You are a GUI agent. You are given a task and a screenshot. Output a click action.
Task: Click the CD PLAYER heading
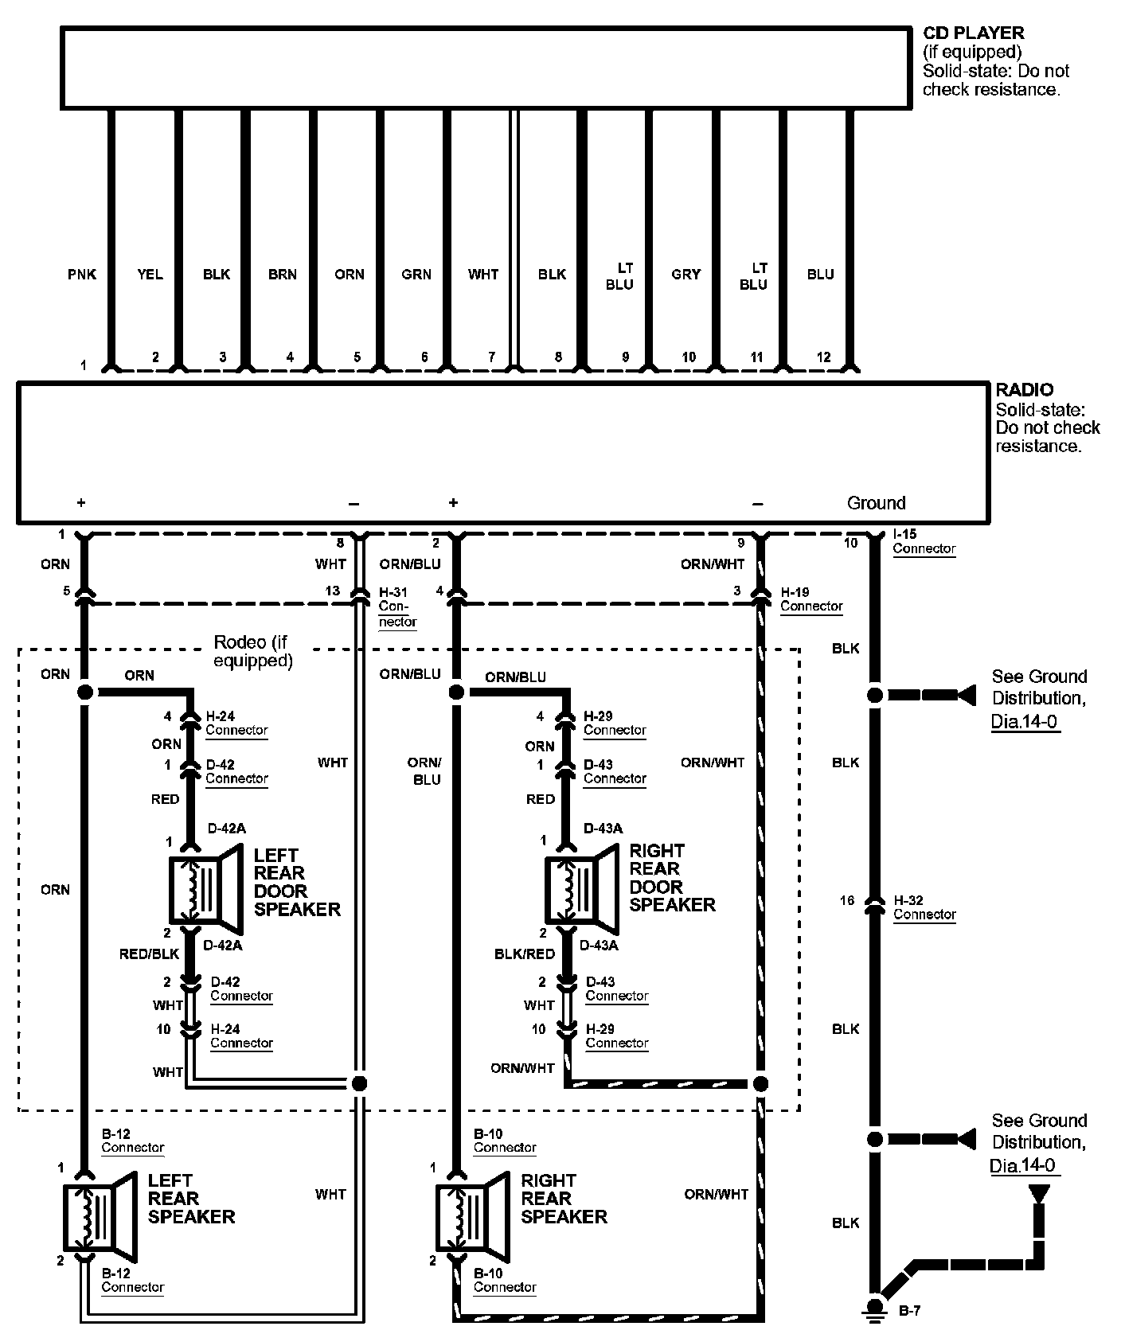tap(973, 33)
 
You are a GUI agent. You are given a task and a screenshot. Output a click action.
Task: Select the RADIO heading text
tap(1025, 390)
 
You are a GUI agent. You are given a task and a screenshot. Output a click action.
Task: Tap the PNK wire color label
tap(82, 275)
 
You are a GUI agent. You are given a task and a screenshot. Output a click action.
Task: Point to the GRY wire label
tap(686, 275)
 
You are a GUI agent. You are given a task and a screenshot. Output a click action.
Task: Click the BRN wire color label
tap(283, 275)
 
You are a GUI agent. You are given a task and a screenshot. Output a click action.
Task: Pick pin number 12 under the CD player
tap(824, 357)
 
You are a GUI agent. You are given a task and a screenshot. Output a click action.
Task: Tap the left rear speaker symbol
tap(100, 1217)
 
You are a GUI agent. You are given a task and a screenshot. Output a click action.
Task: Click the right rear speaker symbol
tap(473, 1217)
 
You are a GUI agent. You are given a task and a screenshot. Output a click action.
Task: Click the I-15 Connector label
tap(924, 541)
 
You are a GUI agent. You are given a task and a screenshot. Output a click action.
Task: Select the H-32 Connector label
tap(924, 907)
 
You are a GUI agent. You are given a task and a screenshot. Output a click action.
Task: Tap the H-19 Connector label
tap(811, 599)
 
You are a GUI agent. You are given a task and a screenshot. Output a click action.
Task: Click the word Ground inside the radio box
tap(876, 503)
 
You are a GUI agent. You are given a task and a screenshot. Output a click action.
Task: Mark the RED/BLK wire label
tap(149, 954)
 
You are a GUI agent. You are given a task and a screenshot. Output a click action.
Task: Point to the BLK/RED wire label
tap(525, 954)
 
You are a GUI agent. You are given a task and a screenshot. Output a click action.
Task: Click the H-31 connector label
tap(397, 607)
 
